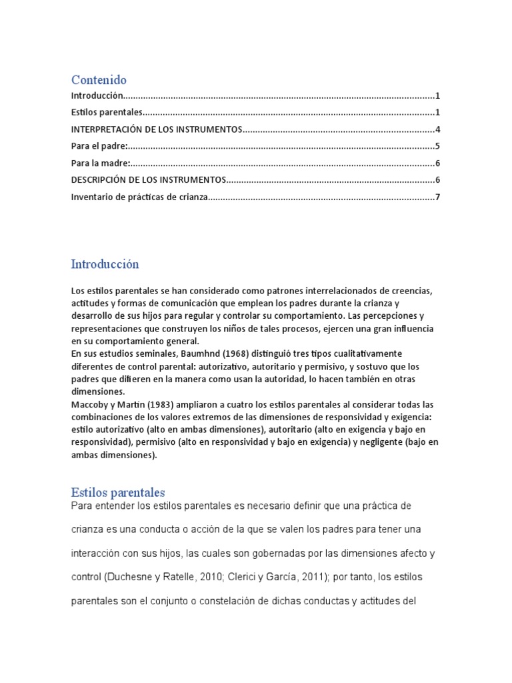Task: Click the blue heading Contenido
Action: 98,80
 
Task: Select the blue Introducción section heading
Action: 105,263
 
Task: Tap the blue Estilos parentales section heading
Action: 117,493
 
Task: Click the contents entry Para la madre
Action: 100,163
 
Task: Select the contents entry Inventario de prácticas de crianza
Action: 139,197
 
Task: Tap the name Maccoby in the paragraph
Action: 91,405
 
